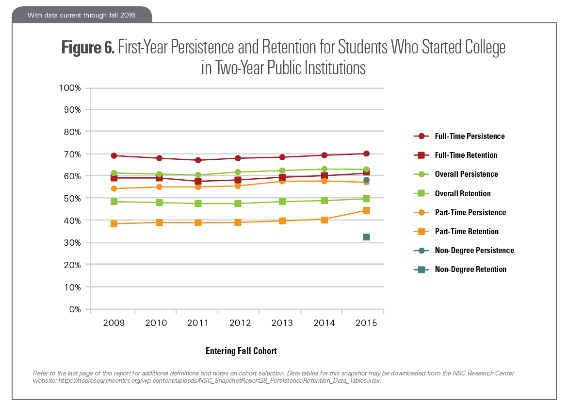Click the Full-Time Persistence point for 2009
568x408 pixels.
tap(114, 156)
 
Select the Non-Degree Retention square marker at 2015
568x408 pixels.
tap(366, 237)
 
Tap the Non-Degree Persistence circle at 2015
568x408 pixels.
tap(366, 180)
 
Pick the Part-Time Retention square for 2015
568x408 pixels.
tap(366, 210)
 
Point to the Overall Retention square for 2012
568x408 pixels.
tap(238, 204)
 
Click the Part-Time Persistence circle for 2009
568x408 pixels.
tap(114, 188)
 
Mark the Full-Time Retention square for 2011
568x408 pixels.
tap(198, 181)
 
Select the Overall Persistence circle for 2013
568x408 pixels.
tap(282, 170)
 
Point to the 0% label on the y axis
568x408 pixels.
tap(74, 309)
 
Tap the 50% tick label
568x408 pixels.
tap(72, 198)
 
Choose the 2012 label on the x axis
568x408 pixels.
tap(238, 323)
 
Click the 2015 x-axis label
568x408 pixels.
tap(366, 323)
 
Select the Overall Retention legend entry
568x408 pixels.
tap(462, 193)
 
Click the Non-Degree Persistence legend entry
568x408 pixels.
tap(474, 251)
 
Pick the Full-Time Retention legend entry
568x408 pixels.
tap(466, 155)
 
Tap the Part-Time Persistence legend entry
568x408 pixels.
tap(470, 212)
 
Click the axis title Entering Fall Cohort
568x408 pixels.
tap(241, 351)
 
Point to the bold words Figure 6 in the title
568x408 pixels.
tap(88, 48)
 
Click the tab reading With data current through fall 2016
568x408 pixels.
tap(81, 15)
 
